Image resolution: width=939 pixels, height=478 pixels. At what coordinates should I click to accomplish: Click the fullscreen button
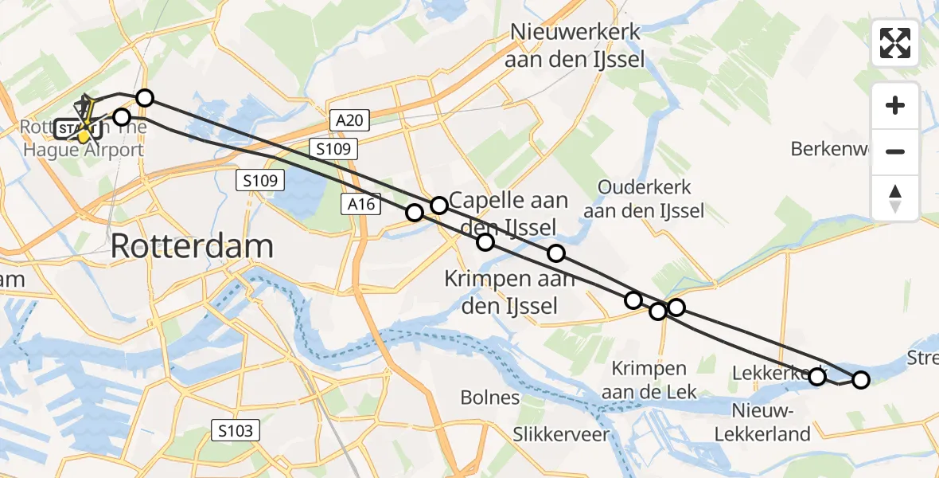point(895,43)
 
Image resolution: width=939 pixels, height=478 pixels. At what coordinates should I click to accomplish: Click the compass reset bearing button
point(895,198)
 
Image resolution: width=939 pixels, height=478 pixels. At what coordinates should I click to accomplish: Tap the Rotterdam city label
point(192,246)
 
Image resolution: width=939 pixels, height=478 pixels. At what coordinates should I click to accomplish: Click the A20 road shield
point(349,121)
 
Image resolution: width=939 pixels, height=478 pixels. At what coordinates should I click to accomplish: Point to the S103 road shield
point(236,432)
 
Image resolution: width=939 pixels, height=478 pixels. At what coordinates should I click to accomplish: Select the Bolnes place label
point(490,398)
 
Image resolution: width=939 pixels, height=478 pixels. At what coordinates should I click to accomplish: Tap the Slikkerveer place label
point(561,434)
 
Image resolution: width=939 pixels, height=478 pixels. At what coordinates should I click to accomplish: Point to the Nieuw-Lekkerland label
point(762,423)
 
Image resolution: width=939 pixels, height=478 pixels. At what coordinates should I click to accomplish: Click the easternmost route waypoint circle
point(861,380)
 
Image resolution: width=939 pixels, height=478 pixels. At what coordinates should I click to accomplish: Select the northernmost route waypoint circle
point(145,98)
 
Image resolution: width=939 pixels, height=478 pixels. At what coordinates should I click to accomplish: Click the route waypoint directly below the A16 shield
point(415,212)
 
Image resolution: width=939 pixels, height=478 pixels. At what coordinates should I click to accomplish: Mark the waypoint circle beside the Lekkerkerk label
point(817,376)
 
